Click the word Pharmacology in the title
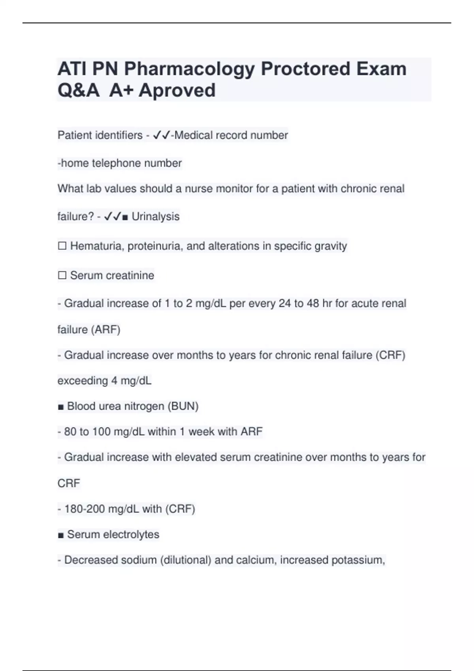(190, 69)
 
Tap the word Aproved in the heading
(177, 90)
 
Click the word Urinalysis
(155, 217)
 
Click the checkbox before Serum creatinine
(62, 275)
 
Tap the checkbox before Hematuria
(62, 246)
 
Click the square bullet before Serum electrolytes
(60, 535)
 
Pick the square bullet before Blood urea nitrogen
(60, 407)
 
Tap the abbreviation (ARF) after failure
(105, 330)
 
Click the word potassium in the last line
(357, 560)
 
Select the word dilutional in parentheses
(186, 560)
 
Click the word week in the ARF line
(201, 432)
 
